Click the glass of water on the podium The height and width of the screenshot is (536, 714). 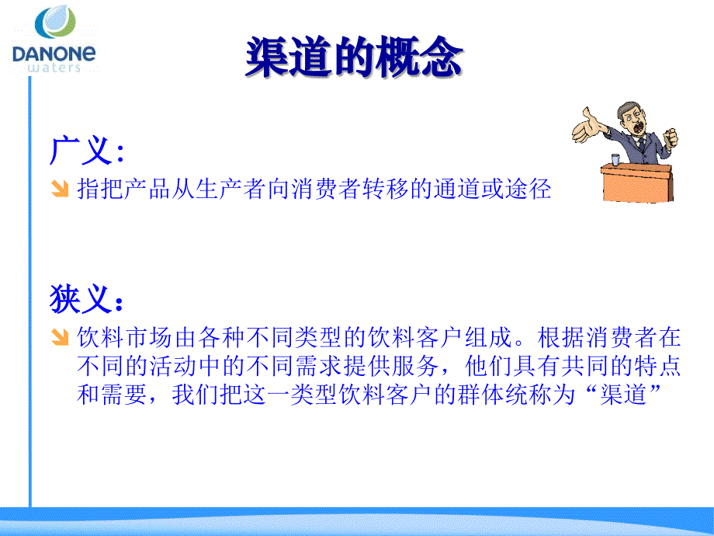coord(615,159)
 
